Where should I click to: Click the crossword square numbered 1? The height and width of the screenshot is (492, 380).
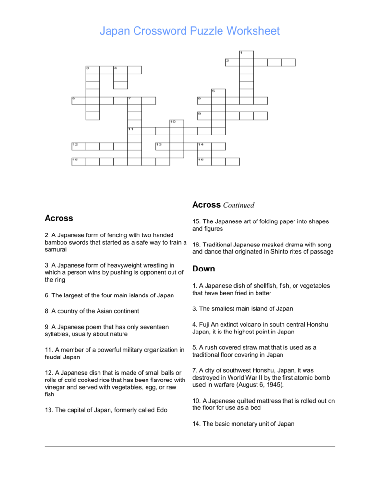click(246, 54)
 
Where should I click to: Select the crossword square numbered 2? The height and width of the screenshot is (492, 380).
click(232, 62)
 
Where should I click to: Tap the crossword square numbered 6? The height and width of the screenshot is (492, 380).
click(78, 100)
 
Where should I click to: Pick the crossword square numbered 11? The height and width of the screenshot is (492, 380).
click(135, 131)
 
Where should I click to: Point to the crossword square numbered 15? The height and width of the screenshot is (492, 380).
click(78, 161)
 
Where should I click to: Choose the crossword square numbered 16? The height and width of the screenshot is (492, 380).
click(204, 161)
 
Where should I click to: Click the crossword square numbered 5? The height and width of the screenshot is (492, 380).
click(218, 93)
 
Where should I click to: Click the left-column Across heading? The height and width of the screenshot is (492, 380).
click(59, 218)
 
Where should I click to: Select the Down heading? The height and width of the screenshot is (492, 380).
click(204, 269)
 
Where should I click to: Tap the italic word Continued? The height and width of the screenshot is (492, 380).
click(238, 205)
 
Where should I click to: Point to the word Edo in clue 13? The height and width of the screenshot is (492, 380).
click(161, 410)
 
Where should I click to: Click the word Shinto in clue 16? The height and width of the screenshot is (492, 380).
click(285, 252)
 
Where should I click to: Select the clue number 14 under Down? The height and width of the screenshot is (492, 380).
click(196, 424)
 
